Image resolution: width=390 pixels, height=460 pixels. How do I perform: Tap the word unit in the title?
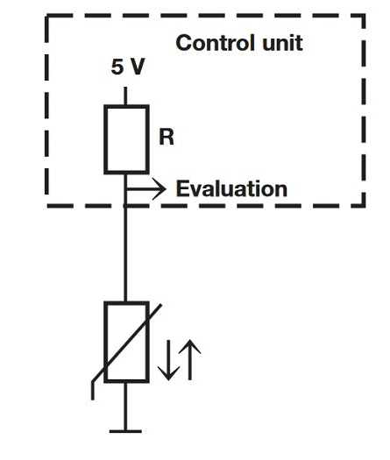[x=280, y=43]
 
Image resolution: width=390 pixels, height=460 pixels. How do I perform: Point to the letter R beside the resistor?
[x=166, y=137]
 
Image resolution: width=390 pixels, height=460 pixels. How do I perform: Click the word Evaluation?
[x=231, y=188]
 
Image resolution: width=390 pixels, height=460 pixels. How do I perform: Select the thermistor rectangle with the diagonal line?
[x=125, y=342]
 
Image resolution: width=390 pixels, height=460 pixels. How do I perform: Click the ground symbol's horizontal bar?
[x=125, y=429]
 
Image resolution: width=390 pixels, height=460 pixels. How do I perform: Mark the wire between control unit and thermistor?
[x=125, y=254]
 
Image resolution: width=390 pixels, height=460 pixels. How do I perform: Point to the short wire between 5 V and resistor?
[x=125, y=95]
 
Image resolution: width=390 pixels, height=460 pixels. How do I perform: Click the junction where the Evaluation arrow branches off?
[x=125, y=188]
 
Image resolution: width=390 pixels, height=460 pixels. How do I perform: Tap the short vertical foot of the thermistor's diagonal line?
[x=93, y=388]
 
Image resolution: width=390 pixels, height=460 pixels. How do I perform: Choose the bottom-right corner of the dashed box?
[x=364, y=205]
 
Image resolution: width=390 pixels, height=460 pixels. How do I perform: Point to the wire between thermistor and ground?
[x=125, y=405]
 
